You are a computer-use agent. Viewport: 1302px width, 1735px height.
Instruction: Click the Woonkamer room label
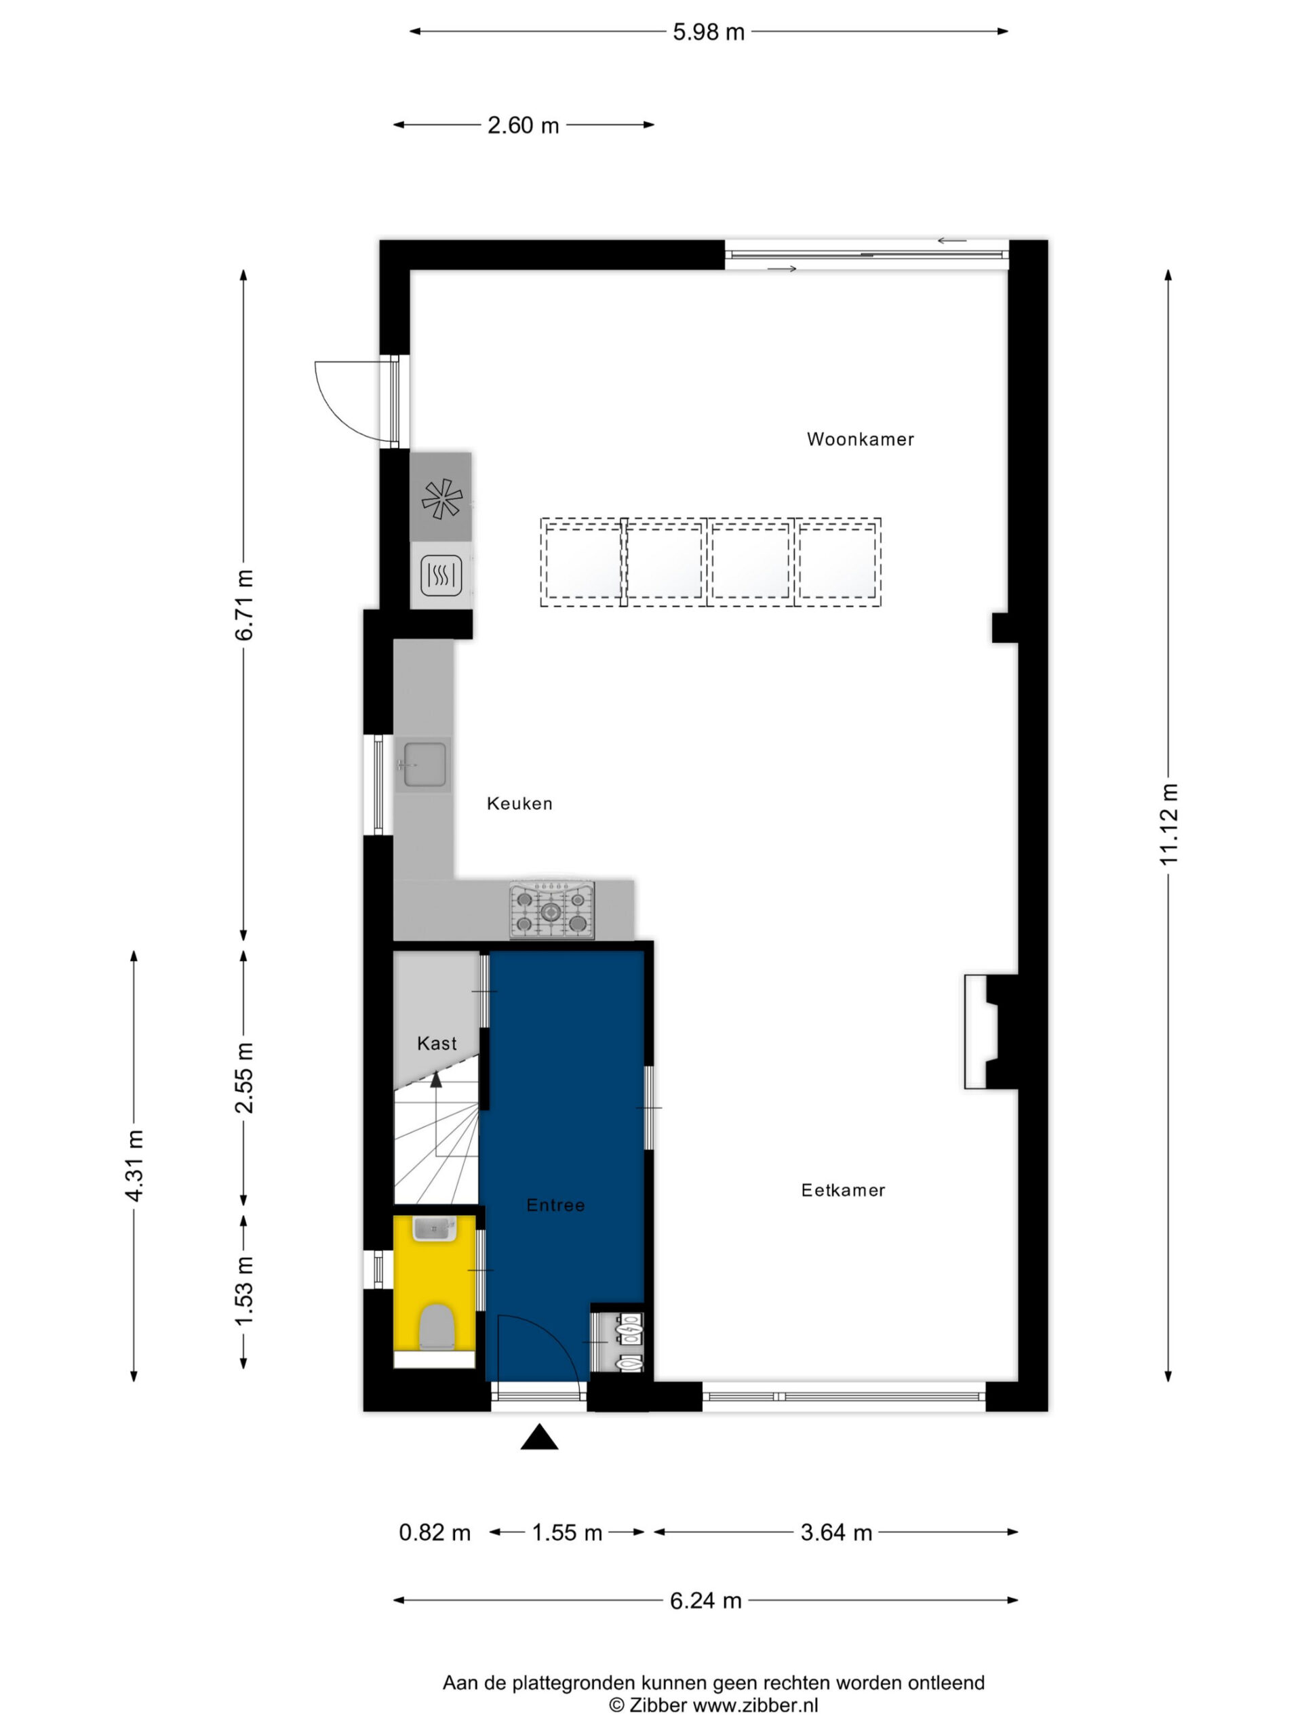point(860,439)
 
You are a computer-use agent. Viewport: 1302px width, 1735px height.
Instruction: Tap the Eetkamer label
point(843,1190)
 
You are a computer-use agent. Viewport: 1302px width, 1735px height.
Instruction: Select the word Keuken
point(519,803)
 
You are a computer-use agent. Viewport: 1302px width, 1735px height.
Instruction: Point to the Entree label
point(555,1205)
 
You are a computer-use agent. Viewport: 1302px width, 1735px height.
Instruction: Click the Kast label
point(436,1043)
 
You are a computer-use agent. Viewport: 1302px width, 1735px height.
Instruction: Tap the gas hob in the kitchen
point(552,910)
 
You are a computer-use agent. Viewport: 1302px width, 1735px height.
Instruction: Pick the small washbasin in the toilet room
point(434,1228)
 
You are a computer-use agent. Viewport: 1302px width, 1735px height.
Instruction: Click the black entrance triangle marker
point(539,1437)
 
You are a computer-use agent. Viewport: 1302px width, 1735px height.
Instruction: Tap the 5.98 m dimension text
point(709,32)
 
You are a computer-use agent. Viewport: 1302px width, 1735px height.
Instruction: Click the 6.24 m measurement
point(705,1600)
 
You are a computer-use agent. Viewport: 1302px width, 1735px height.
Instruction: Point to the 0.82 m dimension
point(435,1532)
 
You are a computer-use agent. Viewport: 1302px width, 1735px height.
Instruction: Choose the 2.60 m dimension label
point(524,125)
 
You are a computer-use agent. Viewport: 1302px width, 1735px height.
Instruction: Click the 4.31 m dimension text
point(134,1166)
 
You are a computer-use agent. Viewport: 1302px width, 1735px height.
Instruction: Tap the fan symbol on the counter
point(442,498)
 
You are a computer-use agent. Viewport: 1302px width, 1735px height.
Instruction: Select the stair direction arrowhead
point(435,1080)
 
